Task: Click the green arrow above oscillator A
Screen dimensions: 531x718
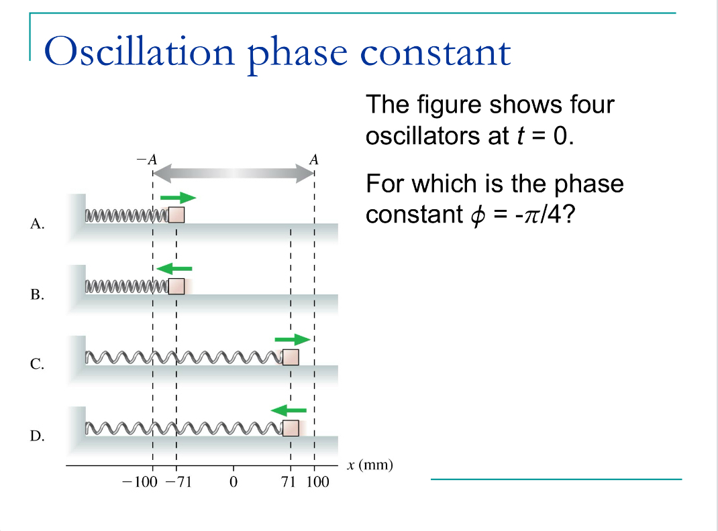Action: pos(178,198)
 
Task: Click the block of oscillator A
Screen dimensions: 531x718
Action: pos(176,215)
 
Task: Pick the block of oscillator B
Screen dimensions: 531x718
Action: pos(176,286)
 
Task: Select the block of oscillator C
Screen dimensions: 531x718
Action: pos(291,357)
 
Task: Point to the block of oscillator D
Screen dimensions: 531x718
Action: pos(291,428)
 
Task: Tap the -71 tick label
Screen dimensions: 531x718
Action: pos(178,482)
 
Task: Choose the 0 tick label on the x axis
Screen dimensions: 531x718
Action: pos(234,482)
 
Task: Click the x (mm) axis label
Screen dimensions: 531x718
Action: pos(369,465)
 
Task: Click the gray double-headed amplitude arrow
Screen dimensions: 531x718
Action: pos(233,172)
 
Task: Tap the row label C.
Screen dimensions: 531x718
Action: pos(37,365)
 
